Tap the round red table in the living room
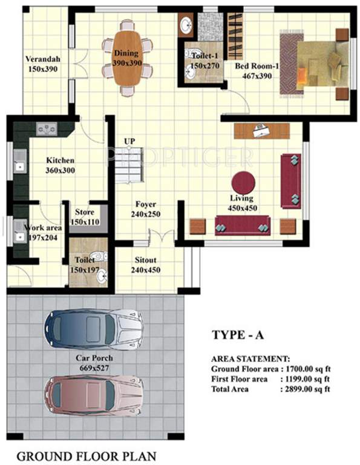pos(243,182)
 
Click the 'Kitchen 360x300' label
pos(61,165)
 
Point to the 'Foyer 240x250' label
pos(146,209)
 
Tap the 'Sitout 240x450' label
pos(146,265)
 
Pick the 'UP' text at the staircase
pos(129,141)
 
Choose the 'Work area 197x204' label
pos(41,232)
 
